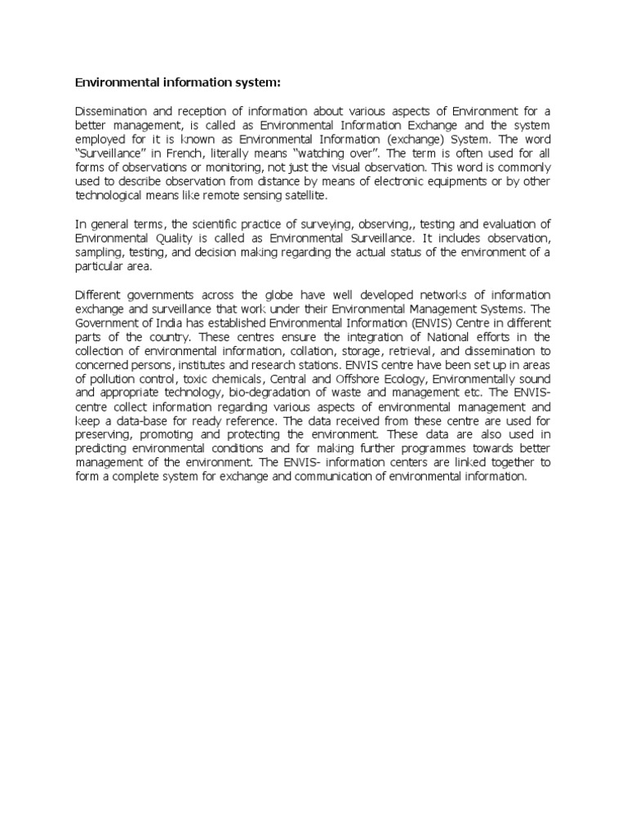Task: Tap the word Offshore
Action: (x=357, y=380)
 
